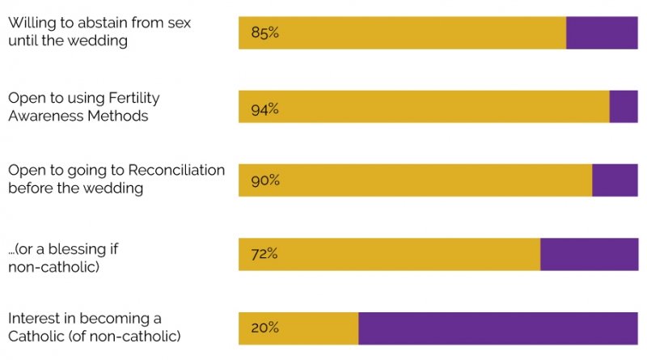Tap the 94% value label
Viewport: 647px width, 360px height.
[265, 108]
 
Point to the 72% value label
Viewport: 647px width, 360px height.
[264, 254]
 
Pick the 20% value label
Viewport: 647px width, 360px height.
[265, 328]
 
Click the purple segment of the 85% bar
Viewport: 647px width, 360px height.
[602, 33]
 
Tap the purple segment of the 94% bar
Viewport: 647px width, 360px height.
[624, 107]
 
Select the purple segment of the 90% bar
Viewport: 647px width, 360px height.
[615, 180]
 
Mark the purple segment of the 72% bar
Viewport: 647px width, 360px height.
[589, 254]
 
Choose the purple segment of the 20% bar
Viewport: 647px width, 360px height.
[497, 328]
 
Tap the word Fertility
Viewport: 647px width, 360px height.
[133, 98]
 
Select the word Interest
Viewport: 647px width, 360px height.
[33, 318]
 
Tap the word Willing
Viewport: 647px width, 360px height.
[29, 24]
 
